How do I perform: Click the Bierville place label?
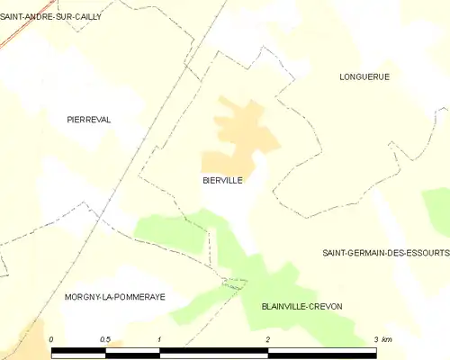click(x=222, y=180)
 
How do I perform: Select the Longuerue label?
click(x=364, y=76)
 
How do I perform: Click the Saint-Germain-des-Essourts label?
click(x=385, y=253)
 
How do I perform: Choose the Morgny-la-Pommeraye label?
click(x=114, y=296)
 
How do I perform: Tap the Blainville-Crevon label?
click(x=301, y=306)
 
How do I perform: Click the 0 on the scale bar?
click(x=52, y=338)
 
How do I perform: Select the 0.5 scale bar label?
click(x=105, y=338)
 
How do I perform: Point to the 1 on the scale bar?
click(x=159, y=338)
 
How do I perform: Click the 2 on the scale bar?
click(x=267, y=338)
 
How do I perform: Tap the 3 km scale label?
click(x=382, y=338)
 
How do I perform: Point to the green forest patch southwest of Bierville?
click(x=171, y=233)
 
